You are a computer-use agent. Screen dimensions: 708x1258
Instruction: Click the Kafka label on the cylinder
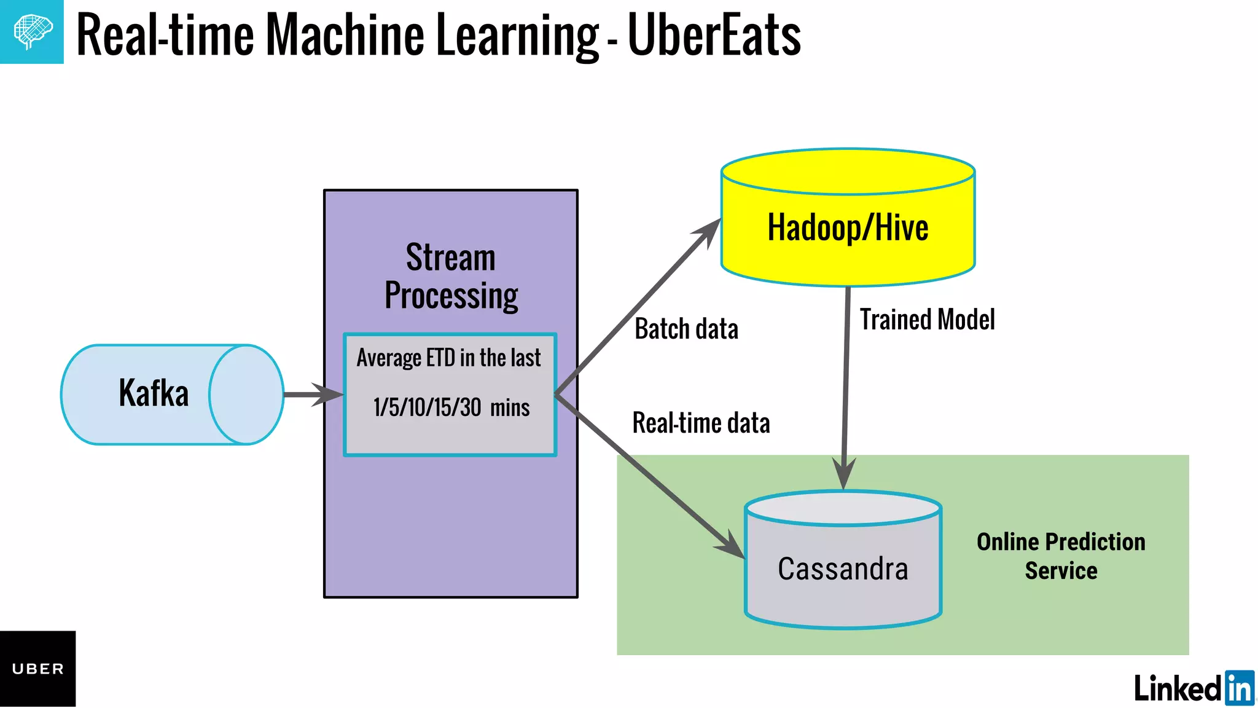coord(154,393)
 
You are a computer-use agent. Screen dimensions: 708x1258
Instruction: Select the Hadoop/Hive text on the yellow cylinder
coord(848,228)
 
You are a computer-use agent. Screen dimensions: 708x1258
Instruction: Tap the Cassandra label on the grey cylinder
coord(843,568)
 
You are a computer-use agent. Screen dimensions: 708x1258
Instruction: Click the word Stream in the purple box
coord(450,258)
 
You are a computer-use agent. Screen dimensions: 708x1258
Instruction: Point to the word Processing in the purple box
coord(451,296)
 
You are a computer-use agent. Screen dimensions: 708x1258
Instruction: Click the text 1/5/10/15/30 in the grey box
coord(428,407)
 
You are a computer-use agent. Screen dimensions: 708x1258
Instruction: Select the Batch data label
coord(686,329)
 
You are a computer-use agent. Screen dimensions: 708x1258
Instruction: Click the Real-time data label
coord(701,423)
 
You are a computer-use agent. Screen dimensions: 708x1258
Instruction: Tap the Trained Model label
coord(927,320)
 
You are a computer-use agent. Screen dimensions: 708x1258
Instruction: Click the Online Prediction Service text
coord(1061,556)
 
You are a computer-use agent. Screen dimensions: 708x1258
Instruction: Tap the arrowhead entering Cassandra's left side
coord(731,545)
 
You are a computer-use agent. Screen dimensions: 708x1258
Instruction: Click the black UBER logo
coord(37,669)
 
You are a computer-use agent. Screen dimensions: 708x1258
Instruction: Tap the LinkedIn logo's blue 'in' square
coord(1239,688)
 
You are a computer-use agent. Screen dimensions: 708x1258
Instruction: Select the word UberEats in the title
coord(714,36)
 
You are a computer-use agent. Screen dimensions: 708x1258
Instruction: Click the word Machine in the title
coord(345,36)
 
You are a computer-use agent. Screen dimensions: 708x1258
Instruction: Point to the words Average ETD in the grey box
coord(406,358)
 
